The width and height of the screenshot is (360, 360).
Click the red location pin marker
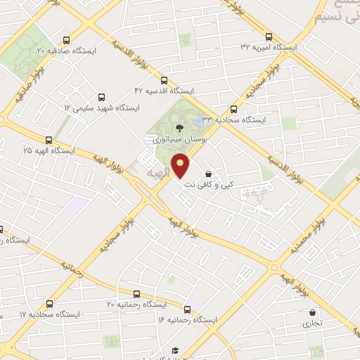coord(181,165)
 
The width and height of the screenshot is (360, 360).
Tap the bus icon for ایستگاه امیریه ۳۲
coord(269,37)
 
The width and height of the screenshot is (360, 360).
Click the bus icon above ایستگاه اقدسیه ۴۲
coord(165,80)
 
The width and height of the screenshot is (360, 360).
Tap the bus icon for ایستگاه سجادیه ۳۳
coord(235,109)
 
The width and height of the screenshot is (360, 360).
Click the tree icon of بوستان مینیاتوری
coord(179,127)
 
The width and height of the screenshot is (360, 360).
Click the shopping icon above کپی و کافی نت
coord(208,174)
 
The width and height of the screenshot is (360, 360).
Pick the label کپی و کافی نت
coord(209,185)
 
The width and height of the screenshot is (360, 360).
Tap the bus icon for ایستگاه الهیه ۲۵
coord(49,140)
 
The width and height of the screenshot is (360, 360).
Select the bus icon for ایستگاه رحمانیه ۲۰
coord(136,294)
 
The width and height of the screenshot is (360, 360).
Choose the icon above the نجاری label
coord(311,313)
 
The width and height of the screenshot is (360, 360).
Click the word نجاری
coord(311,324)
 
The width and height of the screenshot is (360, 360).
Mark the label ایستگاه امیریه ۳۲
coord(269,47)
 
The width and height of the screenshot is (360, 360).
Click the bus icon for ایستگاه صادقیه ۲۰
coord(66,40)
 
